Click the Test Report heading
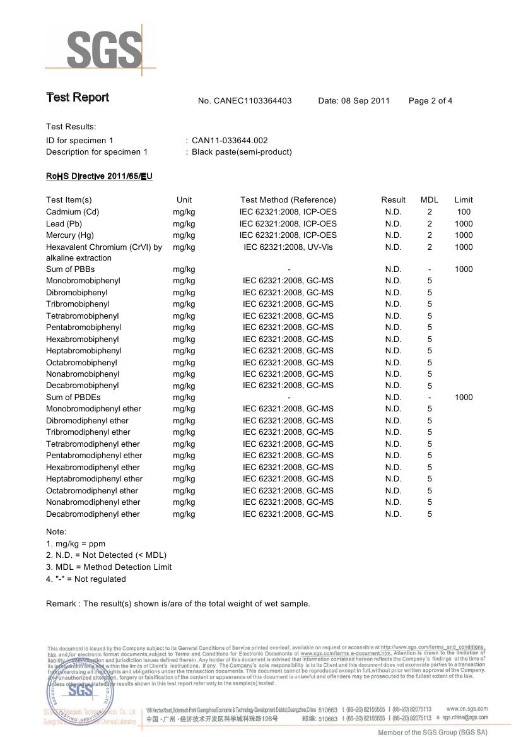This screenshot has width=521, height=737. pos(77,97)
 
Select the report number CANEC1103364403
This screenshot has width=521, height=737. pos(245,100)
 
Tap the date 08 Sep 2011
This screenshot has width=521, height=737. pos(354,100)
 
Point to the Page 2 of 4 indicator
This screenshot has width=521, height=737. pos(430,100)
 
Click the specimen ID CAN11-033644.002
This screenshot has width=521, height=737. pos(230,140)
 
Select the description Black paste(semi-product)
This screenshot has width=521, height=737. pos(242,151)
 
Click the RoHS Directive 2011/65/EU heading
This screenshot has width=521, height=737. pos(99,176)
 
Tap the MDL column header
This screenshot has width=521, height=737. pos(429,199)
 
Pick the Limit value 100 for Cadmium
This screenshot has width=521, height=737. pos(464,211)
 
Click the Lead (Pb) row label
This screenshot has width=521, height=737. pos(64,223)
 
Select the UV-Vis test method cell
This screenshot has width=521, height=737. pos(288,247)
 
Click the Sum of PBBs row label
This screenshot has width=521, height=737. pos(70,269)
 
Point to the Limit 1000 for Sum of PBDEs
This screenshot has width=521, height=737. pos(464,397)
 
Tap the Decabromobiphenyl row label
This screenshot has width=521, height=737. pos(82,385)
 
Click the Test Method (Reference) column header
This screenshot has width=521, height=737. pos(288,199)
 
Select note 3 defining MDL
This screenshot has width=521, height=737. pos(108,567)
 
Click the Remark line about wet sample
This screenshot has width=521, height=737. pos(178,603)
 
